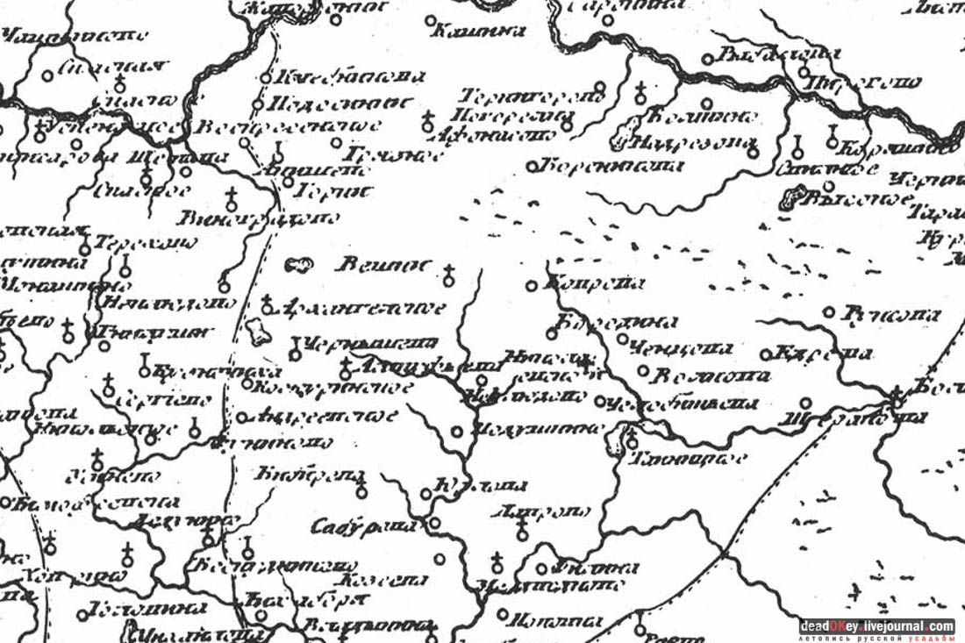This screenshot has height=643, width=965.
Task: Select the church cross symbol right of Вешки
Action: coord(449,275)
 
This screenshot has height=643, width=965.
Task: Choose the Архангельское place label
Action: coord(365,308)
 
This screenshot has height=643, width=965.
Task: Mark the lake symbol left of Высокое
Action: coord(790,201)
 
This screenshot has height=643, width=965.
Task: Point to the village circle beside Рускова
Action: coord(828,311)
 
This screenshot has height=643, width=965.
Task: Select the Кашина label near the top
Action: coord(480,31)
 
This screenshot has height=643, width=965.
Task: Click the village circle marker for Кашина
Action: coord(430,19)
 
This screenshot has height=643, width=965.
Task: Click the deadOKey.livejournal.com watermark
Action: coord(876,626)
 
